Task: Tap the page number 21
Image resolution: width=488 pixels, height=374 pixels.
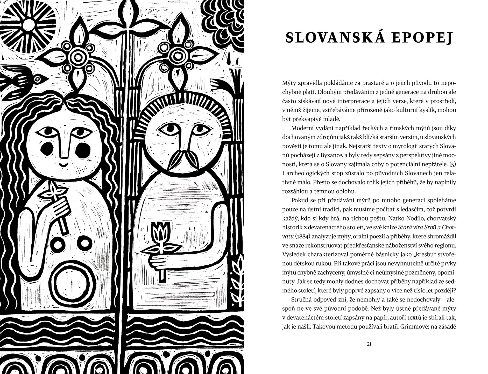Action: tap(369, 344)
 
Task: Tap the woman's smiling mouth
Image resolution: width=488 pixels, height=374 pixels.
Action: tap(64, 164)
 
